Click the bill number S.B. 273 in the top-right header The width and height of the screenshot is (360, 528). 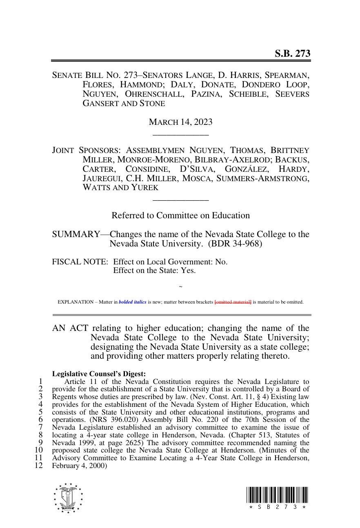coord(292,53)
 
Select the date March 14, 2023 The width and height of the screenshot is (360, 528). coord(180,122)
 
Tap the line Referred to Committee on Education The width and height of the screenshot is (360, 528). coord(180,215)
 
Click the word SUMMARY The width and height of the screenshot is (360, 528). coord(76,234)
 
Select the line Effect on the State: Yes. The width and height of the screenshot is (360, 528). coord(154,270)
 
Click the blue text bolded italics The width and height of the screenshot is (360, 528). coord(133,302)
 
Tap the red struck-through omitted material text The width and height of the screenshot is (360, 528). coord(233,302)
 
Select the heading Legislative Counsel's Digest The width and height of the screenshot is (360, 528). coord(99,374)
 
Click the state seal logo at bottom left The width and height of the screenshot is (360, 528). coord(68,498)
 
